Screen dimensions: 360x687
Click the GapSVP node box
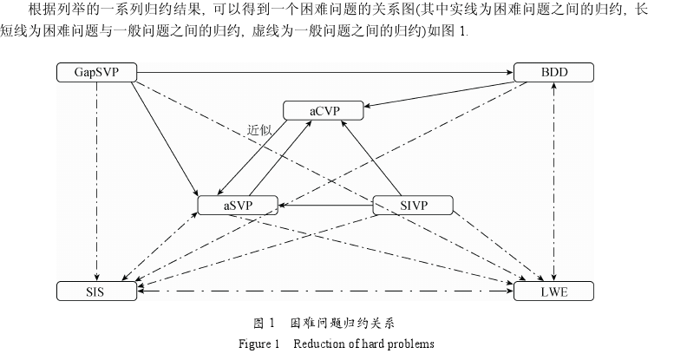(x=96, y=72)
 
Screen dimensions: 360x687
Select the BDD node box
(x=553, y=72)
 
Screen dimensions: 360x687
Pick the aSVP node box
(x=238, y=205)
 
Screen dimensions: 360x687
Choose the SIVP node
(x=414, y=205)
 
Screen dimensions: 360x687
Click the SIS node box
(x=96, y=291)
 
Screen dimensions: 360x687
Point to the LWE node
(x=553, y=291)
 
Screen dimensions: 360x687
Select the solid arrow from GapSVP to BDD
(x=325, y=72)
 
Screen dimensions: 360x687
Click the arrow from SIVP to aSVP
(x=325, y=206)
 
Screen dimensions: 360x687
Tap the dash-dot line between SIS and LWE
(x=325, y=292)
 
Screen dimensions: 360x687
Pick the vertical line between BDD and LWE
(x=554, y=182)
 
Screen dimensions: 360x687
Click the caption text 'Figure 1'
(x=258, y=343)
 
